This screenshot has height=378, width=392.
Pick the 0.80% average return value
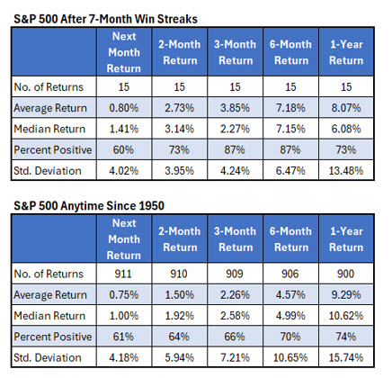(x=127, y=108)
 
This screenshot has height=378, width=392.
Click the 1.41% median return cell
(x=127, y=129)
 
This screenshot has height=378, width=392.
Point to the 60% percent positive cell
(x=127, y=149)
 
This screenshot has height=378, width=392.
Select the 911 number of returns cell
(x=127, y=275)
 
